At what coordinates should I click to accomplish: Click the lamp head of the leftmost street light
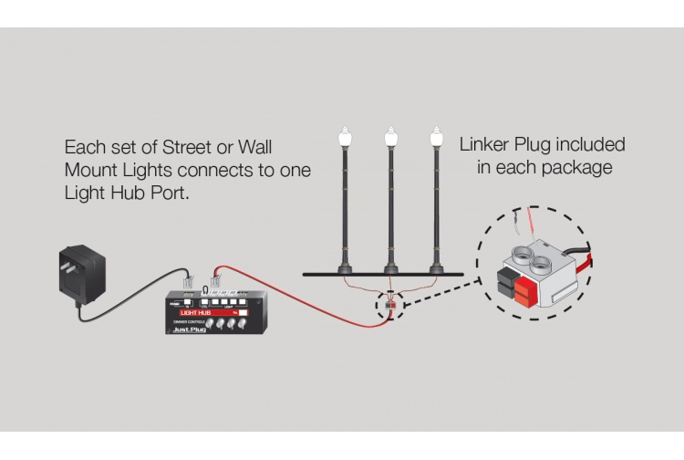coord(344,140)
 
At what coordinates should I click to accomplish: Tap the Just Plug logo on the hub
coord(190,331)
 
